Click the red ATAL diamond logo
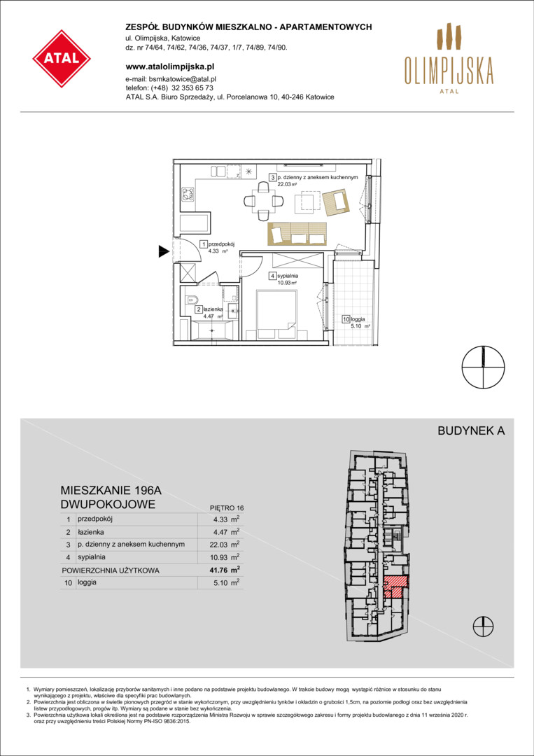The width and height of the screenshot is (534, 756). click(x=62, y=59)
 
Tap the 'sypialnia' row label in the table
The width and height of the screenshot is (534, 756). click(x=90, y=557)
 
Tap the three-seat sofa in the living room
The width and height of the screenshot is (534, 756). click(x=297, y=234)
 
